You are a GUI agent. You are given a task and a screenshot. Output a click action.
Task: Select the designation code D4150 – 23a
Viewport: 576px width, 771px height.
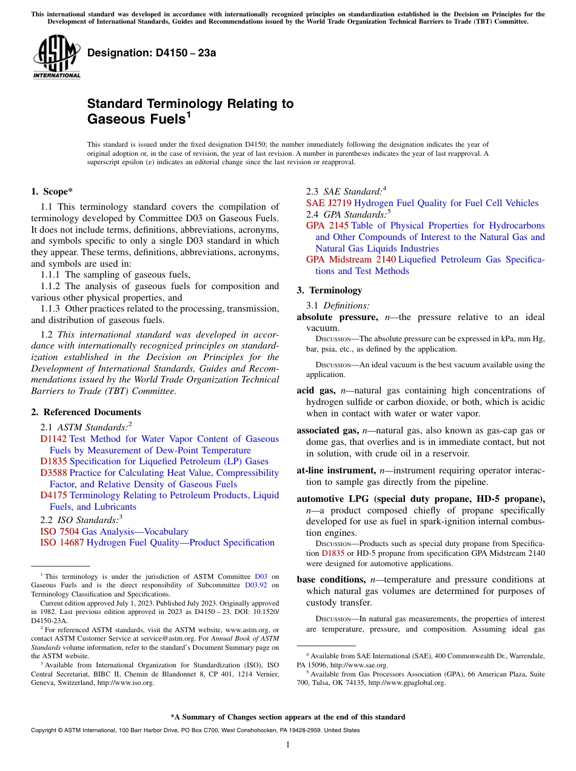(152, 53)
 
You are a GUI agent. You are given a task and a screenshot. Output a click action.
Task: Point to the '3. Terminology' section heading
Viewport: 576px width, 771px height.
(329, 290)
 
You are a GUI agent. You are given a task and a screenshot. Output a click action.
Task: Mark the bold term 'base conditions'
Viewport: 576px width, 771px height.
(330, 579)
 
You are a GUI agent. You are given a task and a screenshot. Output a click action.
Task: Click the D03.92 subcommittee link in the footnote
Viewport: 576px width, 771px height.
(257, 585)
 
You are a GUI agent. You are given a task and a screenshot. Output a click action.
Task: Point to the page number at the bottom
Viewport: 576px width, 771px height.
(288, 745)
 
